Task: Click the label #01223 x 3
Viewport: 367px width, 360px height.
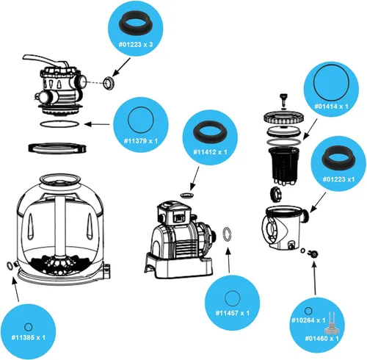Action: (x=136, y=45)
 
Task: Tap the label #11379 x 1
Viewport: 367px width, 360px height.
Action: (x=141, y=141)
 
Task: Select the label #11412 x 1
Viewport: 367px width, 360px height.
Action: (x=210, y=152)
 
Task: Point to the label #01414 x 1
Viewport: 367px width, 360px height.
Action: (x=331, y=107)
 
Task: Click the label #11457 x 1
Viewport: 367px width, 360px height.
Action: (x=233, y=313)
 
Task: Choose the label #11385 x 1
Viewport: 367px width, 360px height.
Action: (x=29, y=338)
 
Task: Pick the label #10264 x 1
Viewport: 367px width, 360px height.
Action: (x=308, y=320)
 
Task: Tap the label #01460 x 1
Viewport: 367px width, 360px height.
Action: (x=321, y=339)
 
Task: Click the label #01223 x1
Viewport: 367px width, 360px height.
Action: (x=338, y=179)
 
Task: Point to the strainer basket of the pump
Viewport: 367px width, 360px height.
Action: (x=284, y=165)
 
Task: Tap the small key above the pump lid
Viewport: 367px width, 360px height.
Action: (x=283, y=98)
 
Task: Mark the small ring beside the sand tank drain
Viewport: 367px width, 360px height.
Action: (x=10, y=265)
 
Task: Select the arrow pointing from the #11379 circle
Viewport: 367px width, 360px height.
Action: (x=97, y=124)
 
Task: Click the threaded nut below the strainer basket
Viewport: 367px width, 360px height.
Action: (x=277, y=195)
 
